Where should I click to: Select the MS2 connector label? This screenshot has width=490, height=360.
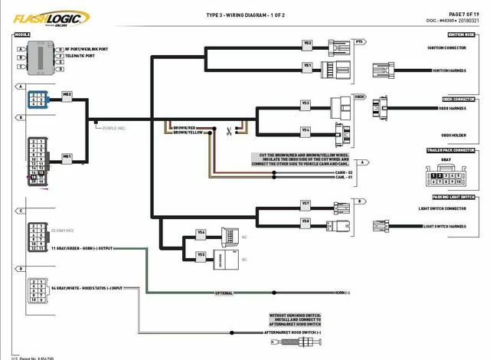tap(67, 94)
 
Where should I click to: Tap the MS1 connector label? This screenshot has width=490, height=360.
tap(67, 155)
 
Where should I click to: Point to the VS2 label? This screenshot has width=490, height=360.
tap(307, 43)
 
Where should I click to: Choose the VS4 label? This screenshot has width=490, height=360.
tap(305, 129)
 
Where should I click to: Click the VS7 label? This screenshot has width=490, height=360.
tap(305, 203)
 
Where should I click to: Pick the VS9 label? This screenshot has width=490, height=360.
tap(201, 254)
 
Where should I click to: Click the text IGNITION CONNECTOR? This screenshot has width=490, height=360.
tap(446, 48)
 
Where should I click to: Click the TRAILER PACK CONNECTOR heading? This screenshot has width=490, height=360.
tap(451, 150)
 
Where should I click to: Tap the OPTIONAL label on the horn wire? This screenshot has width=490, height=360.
tap(223, 293)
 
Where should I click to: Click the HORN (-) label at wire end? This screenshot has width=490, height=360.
tap(342, 293)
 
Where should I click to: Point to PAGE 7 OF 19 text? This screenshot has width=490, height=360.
tap(462, 14)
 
